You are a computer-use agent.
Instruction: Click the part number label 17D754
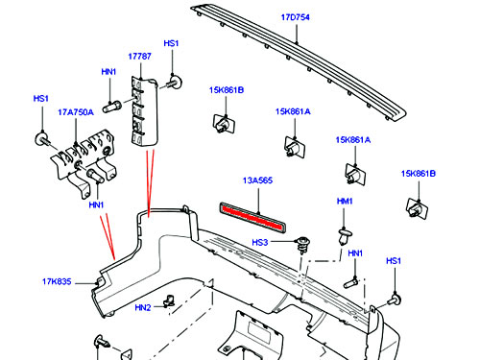coord(295,17)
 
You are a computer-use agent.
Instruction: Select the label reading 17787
coord(139,57)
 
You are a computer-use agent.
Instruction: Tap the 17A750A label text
coord(76,112)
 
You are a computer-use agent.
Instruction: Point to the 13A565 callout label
coord(257,180)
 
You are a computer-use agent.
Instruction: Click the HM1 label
coord(345,202)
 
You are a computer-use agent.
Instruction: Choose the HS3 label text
coord(260,243)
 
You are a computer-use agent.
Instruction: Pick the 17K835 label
coord(57,282)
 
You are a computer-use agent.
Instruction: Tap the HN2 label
coord(143,308)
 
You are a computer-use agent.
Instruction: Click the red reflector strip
coord(252,218)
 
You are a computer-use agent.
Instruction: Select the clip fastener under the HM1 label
coord(345,235)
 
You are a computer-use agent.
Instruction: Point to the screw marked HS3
coord(301,245)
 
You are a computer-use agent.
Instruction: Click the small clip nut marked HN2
coord(169,300)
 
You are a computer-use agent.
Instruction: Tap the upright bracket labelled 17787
coord(144,110)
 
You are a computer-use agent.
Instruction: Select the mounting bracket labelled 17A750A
coord(84,161)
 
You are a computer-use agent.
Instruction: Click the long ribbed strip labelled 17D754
coord(298,60)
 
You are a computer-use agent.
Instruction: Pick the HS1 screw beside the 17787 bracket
coord(174,82)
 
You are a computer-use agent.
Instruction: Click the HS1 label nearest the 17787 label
coord(171,43)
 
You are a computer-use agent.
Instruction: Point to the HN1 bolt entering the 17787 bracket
coord(111,107)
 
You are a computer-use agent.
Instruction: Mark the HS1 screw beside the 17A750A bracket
coord(42,139)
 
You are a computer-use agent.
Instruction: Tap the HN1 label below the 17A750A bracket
coord(96,204)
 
